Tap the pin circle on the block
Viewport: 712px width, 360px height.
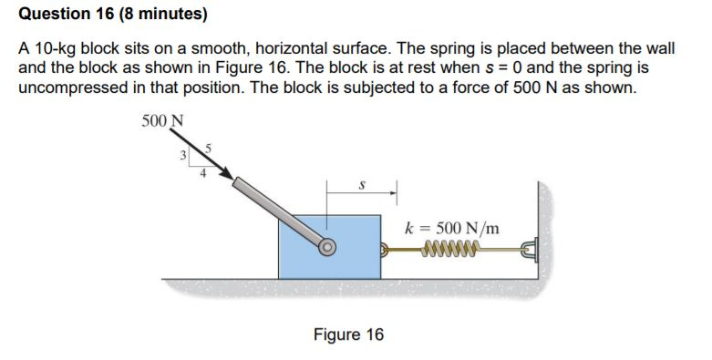(x=326, y=246)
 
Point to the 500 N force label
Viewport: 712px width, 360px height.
(x=163, y=120)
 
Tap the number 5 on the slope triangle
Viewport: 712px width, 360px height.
(x=209, y=147)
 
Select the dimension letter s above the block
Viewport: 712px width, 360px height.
(x=362, y=184)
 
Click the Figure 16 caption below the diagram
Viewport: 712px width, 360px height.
(x=348, y=334)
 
